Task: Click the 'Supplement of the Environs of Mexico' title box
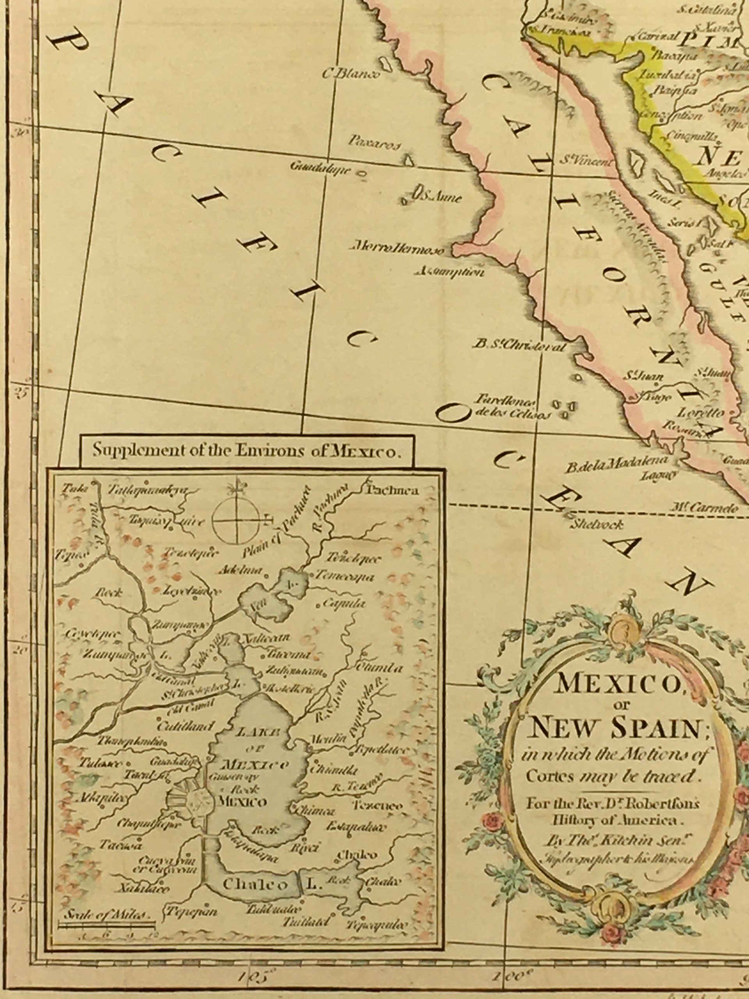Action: tap(246, 451)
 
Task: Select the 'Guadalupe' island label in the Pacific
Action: tap(321, 169)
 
